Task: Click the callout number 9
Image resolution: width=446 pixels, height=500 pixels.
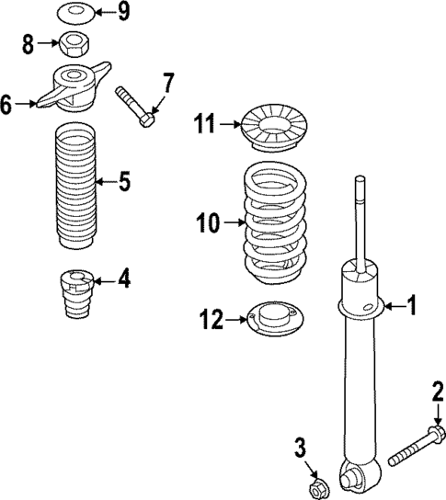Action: click(124, 13)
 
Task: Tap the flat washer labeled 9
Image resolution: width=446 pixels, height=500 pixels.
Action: click(73, 14)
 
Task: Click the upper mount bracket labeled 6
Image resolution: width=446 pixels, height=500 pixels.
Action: click(74, 86)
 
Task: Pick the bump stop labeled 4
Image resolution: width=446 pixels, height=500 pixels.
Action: click(75, 292)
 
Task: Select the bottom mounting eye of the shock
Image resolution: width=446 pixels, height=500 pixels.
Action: click(350, 476)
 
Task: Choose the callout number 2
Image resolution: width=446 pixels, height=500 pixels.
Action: click(437, 393)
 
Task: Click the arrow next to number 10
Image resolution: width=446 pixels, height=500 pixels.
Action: click(231, 221)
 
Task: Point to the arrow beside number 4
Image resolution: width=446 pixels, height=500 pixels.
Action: click(107, 278)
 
